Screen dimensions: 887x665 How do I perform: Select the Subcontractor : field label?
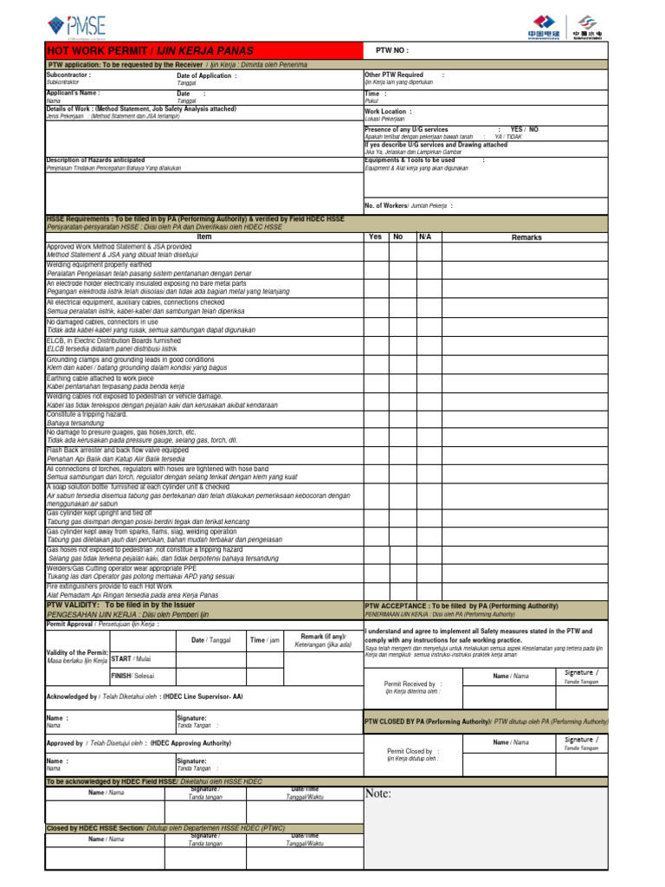(69, 75)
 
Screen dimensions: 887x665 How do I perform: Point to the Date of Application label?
(206, 75)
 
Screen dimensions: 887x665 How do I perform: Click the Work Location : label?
(388, 112)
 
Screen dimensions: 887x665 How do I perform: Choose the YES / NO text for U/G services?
(524, 128)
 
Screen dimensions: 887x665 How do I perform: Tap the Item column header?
(203, 236)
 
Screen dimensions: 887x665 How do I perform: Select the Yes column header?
(375, 236)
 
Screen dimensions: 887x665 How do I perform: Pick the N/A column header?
(424, 236)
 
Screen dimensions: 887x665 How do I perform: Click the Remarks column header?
(526, 236)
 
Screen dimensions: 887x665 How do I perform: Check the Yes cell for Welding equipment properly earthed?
(375, 269)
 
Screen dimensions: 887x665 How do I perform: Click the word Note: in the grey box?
(378, 793)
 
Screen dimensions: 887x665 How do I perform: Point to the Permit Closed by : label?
(412, 750)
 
